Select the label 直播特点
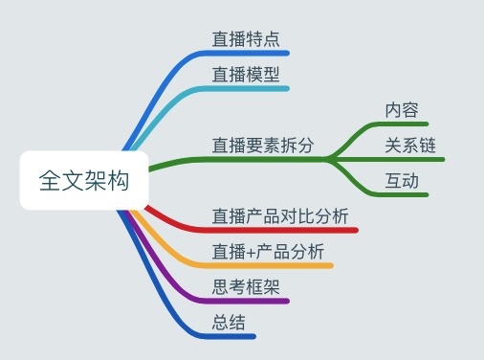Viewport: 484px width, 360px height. [x=246, y=39]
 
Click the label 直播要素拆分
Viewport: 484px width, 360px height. [x=263, y=146]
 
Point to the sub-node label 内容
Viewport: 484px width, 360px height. [x=402, y=110]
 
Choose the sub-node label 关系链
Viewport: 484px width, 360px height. [x=410, y=146]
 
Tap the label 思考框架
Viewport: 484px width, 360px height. [x=246, y=286]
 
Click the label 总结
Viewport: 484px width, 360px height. [x=229, y=322]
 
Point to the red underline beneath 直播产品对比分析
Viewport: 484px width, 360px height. [x=287, y=230]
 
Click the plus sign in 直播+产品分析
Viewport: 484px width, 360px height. [x=251, y=253]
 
